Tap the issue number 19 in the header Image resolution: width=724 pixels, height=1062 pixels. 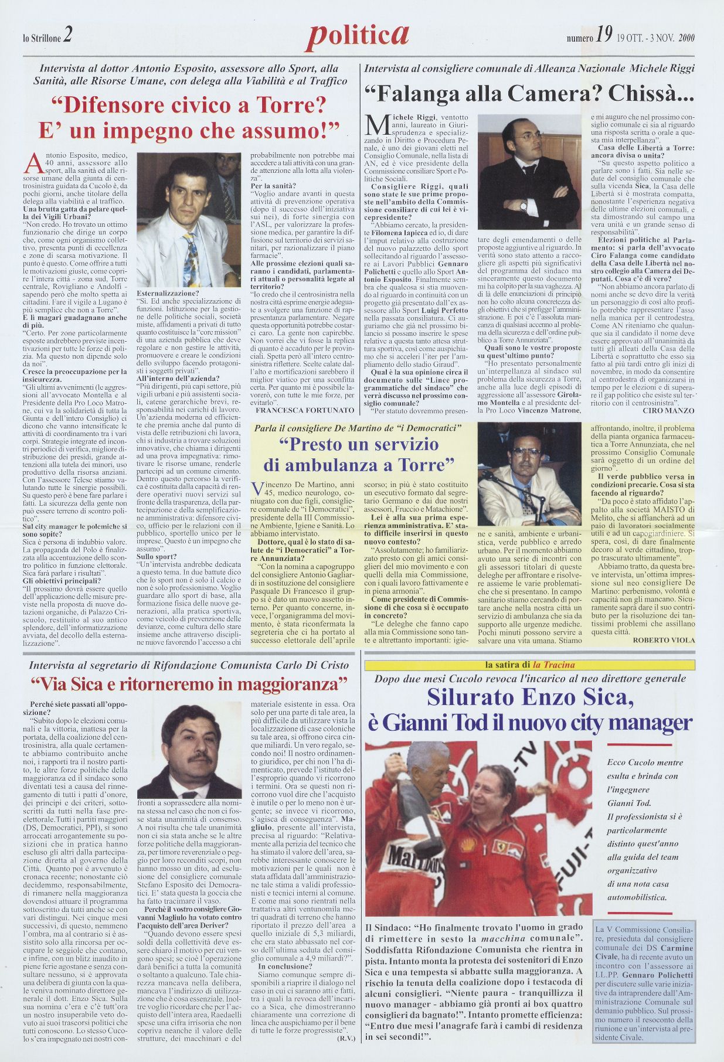pyautogui.click(x=604, y=38)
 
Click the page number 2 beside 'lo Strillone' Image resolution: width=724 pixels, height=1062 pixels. pyautogui.click(x=68, y=37)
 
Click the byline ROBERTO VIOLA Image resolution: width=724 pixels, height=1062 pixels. pyautogui.click(x=664, y=640)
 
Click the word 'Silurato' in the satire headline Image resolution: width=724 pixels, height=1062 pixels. pyautogui.click(x=470, y=697)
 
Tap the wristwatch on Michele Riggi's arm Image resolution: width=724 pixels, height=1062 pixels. pyautogui.click(x=523, y=205)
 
